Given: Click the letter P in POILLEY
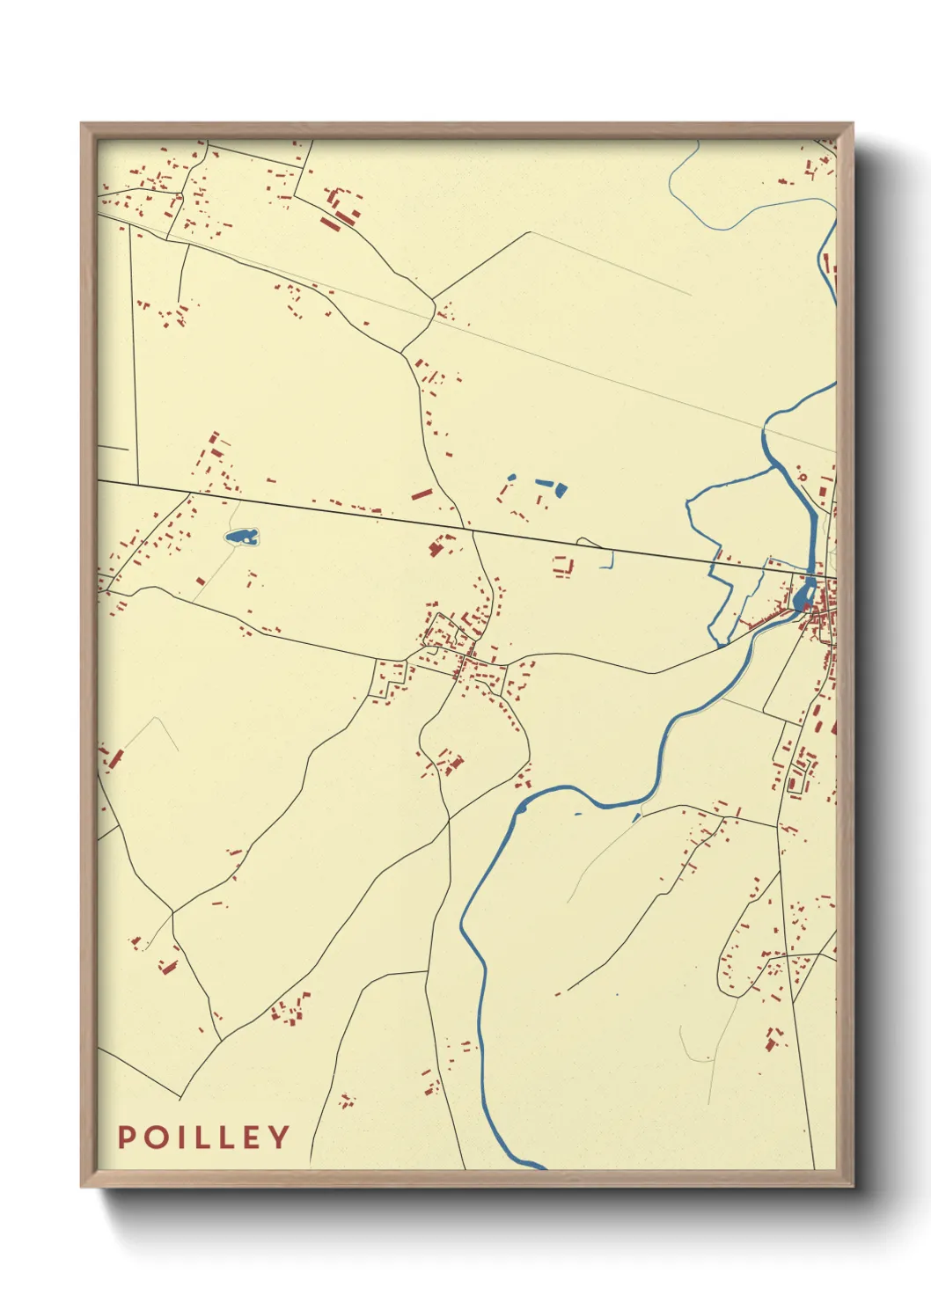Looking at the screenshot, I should [x=126, y=1137].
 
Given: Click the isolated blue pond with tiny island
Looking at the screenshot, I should [x=240, y=536].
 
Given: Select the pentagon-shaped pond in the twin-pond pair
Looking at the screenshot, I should [x=561, y=490].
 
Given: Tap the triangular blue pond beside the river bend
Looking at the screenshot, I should [x=636, y=818].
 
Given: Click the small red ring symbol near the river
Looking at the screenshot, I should [x=802, y=478].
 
